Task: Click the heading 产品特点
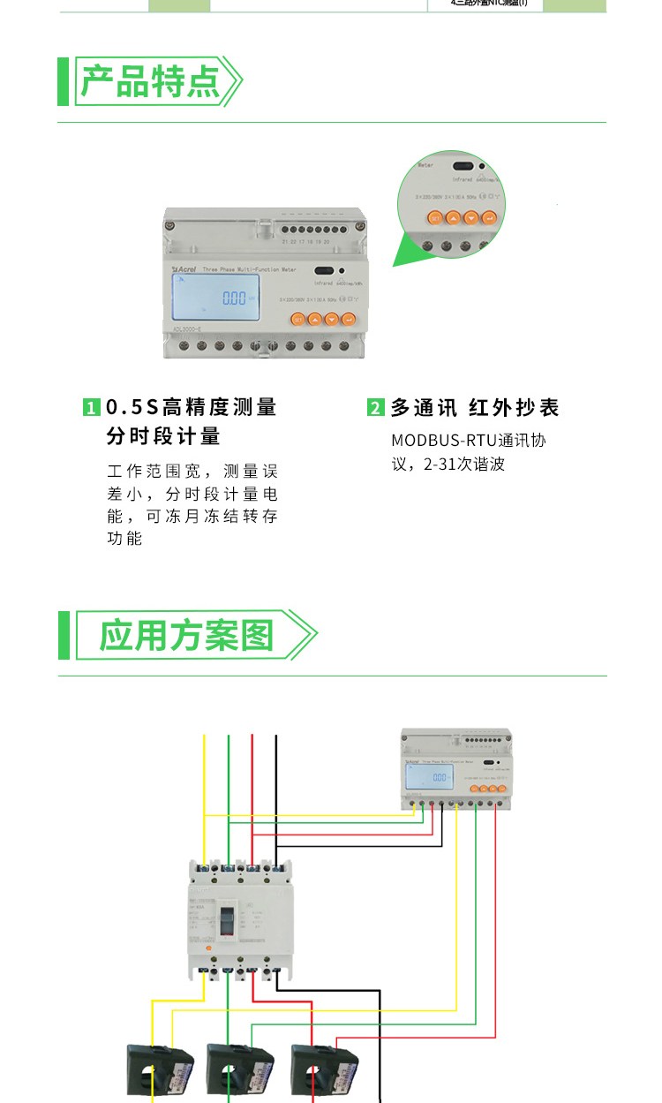tap(150, 81)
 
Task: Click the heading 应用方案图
tap(186, 635)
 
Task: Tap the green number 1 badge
tap(91, 408)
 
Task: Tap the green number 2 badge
tap(376, 408)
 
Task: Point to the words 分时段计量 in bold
tap(163, 436)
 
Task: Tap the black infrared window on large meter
tap(323, 272)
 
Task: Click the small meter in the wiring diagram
tap(456, 767)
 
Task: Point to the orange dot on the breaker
tap(207, 948)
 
